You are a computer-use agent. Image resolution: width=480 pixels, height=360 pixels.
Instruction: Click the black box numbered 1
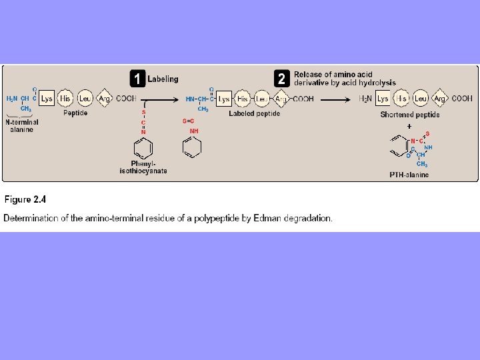pyautogui.click(x=137, y=79)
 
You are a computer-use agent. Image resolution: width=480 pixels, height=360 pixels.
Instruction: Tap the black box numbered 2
pyautogui.click(x=282, y=79)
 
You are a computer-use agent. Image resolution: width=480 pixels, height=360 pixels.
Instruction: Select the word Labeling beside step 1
pyautogui.click(x=163, y=79)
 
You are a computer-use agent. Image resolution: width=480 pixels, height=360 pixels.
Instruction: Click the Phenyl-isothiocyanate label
pyautogui.click(x=149, y=167)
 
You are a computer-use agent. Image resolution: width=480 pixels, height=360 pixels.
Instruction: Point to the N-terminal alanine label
pyautogui.click(x=22, y=125)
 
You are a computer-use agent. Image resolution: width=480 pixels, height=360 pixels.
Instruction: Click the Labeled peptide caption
pyautogui.click(x=254, y=114)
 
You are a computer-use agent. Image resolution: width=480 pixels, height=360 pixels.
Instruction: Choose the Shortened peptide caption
pyautogui.click(x=410, y=115)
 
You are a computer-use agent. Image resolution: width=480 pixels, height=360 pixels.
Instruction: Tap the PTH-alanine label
pyautogui.click(x=409, y=175)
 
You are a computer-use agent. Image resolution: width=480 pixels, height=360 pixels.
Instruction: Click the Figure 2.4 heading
pyautogui.click(x=25, y=199)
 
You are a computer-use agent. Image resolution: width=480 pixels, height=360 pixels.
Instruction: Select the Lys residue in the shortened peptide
pyautogui.click(x=383, y=99)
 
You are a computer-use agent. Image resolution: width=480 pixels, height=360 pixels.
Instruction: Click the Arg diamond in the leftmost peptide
pyautogui.click(x=105, y=99)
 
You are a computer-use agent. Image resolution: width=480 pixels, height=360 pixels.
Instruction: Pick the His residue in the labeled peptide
pyautogui.click(x=243, y=99)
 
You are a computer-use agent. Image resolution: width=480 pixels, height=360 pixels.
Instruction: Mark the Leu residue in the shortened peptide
pyautogui.click(x=421, y=99)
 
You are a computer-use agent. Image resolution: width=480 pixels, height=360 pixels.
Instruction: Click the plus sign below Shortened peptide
pyautogui.click(x=409, y=125)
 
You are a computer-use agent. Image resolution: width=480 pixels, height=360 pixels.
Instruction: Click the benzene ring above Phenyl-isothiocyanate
pyautogui.click(x=143, y=148)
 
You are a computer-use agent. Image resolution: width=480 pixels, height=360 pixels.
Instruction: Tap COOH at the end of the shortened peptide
pyautogui.click(x=462, y=99)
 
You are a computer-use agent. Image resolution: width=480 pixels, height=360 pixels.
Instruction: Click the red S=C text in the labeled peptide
pyautogui.click(x=188, y=121)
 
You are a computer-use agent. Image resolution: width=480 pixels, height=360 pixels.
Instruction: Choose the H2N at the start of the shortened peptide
pyautogui.click(x=366, y=99)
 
